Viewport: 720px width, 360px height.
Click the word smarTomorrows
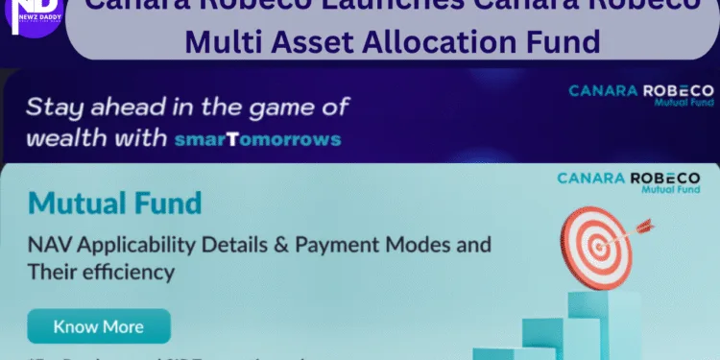pyautogui.click(x=259, y=138)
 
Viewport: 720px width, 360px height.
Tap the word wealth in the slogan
pyautogui.click(x=65, y=138)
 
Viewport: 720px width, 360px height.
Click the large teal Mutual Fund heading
pyautogui.click(x=115, y=204)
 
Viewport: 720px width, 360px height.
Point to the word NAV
pyautogui.click(x=50, y=244)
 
